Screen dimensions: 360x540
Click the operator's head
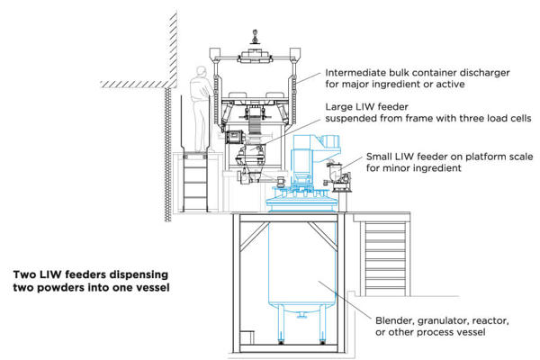pyautogui.click(x=200, y=73)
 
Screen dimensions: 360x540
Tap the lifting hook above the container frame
pyautogui.click(x=255, y=37)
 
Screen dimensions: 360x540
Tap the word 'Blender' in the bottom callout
pyautogui.click(x=397, y=319)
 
